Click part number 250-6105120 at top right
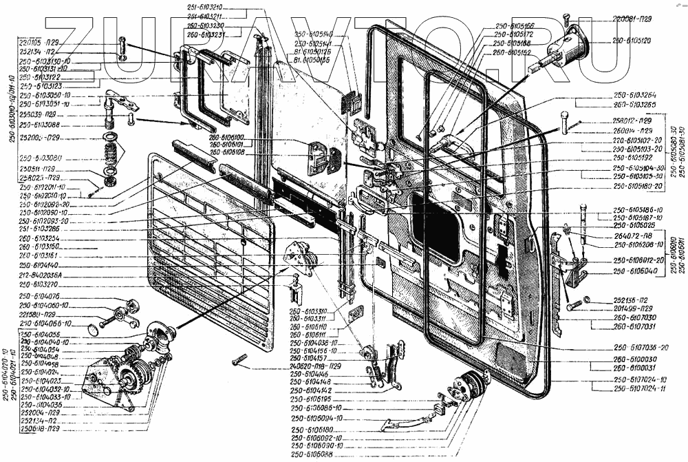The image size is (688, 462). tap(632, 41)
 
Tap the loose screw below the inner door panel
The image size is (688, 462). tap(239, 359)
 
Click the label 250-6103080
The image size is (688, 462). tap(42, 158)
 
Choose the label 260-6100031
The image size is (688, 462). tap(634, 368)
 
